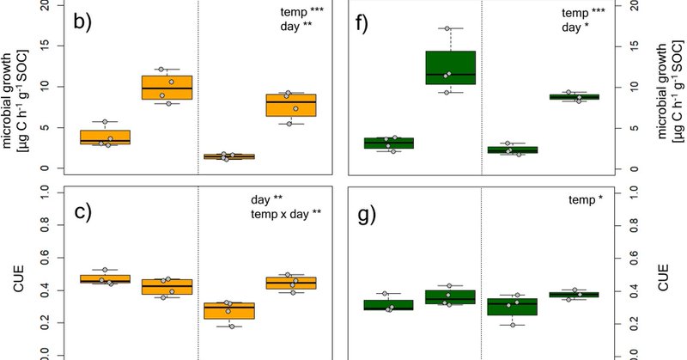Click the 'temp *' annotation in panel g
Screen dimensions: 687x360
click(586, 200)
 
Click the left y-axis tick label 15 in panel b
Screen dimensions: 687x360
click(53, 46)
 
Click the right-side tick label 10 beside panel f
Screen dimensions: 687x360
click(634, 87)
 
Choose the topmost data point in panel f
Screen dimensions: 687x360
click(447, 29)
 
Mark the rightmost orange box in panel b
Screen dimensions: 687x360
click(292, 105)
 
